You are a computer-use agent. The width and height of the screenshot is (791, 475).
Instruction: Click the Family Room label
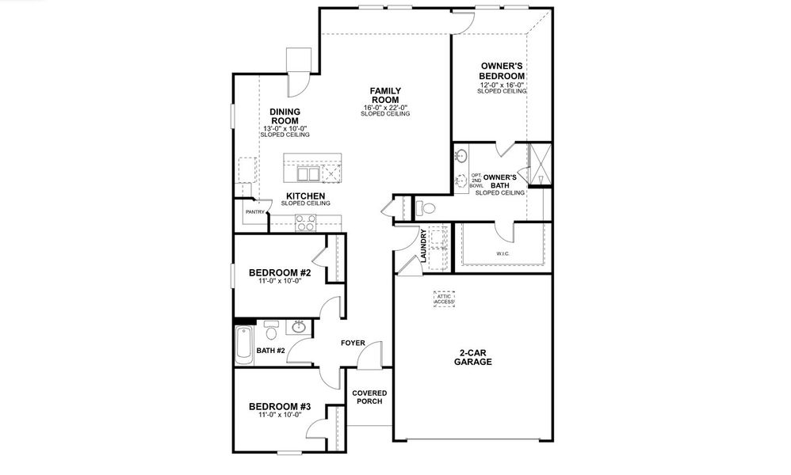tap(385, 96)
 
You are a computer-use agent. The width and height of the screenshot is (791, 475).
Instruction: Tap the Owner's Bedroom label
tap(502, 70)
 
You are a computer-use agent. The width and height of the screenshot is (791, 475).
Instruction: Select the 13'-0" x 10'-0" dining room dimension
tap(285, 128)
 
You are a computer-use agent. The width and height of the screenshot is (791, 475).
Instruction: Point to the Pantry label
tap(254, 212)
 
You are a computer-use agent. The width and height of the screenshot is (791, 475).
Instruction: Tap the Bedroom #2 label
tap(279, 273)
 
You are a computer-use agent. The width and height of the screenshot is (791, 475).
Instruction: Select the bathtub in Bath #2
tap(243, 344)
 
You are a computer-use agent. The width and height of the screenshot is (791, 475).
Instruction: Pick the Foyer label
tap(353, 344)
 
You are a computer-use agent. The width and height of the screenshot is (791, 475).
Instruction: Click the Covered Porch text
tap(369, 397)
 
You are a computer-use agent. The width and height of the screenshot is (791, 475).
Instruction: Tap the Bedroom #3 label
tap(279, 407)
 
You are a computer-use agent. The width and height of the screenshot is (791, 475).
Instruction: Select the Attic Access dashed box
tap(445, 299)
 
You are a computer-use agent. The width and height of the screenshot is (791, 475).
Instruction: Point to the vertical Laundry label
tap(425, 245)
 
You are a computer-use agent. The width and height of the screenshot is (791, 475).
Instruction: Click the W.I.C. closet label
tap(502, 254)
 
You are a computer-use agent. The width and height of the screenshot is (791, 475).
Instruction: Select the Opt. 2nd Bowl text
tap(476, 181)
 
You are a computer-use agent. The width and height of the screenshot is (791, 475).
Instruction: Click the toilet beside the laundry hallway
tap(426, 208)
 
